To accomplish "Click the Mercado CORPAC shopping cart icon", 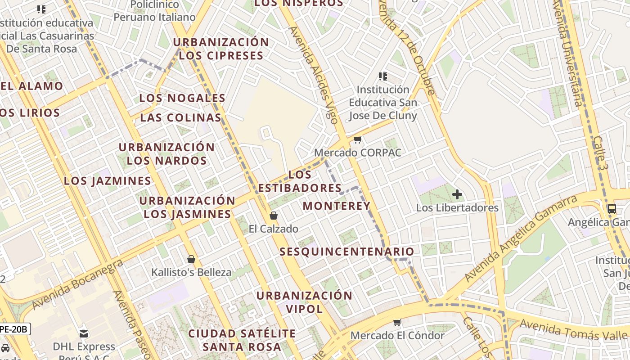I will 358,140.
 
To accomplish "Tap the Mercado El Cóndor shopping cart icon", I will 397,322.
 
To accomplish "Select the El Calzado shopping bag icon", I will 273,216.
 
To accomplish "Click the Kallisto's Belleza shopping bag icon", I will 191,259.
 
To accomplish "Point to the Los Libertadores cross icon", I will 457,194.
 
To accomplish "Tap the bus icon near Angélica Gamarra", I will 612,208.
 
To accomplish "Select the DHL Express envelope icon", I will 84,333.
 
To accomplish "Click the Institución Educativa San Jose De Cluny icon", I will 383,76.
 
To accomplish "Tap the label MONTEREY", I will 336,206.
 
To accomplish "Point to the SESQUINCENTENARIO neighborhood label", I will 346,252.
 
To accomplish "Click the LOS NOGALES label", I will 182,98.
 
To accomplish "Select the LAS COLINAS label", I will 180,118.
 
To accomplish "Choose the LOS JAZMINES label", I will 108,181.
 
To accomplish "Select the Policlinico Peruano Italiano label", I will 154,11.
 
